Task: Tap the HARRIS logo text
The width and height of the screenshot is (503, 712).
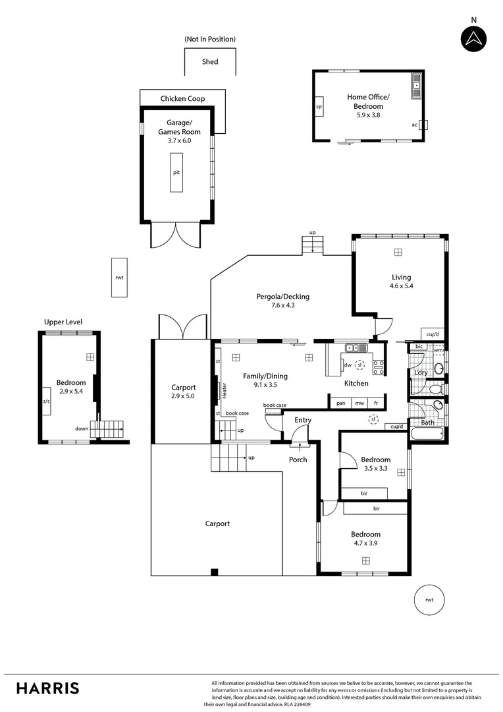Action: [47, 688]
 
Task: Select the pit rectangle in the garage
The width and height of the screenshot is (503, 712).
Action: [176, 172]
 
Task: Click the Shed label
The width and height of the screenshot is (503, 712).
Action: [210, 62]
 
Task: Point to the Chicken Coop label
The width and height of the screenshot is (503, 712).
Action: [182, 99]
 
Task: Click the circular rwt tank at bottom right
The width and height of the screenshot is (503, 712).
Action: [429, 599]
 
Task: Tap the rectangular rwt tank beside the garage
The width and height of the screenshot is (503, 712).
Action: [119, 278]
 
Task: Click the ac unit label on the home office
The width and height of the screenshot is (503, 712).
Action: [415, 124]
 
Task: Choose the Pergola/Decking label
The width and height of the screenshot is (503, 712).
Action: [282, 297]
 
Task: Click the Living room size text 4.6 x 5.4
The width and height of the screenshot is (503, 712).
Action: [401, 287]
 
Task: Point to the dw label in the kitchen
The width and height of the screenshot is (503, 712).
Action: [347, 365]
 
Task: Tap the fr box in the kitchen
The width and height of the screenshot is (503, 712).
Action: [376, 402]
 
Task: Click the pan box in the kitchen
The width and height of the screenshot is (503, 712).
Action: [340, 402]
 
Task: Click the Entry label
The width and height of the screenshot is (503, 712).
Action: [303, 420]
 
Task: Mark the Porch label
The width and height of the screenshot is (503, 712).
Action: [298, 460]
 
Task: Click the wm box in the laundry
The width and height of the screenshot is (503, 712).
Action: [438, 350]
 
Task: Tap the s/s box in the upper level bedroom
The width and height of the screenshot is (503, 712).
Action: [46, 401]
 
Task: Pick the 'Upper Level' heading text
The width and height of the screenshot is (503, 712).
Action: [63, 322]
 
